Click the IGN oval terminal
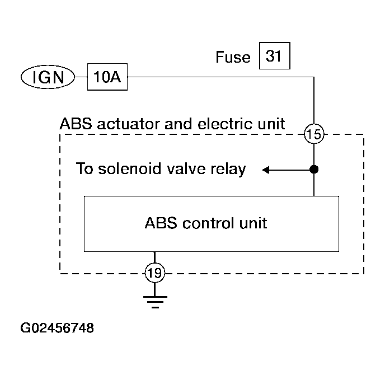pos(48,78)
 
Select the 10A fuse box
pos(107,78)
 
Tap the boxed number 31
pos(275,57)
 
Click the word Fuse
pos(233,58)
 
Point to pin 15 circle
pos(314,134)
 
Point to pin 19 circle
pos(154,273)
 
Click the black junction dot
pos(314,169)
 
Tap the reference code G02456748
pos(57,328)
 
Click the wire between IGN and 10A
pos(81,78)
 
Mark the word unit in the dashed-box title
pos(269,123)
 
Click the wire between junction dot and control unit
pos(314,184)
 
